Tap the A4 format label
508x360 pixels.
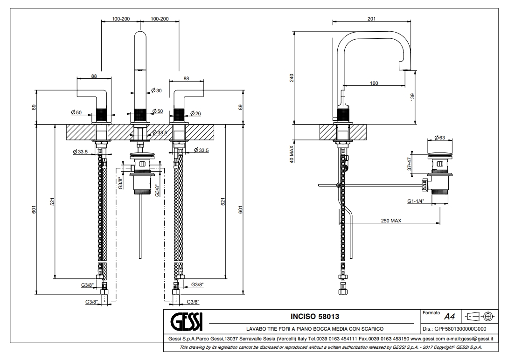click(x=449, y=317)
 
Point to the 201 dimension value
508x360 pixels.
click(x=371, y=19)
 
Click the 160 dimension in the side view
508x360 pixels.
click(x=374, y=83)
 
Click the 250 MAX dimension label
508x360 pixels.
click(x=391, y=221)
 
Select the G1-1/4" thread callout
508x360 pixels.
click(x=416, y=202)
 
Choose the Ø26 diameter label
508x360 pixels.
click(x=195, y=113)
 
